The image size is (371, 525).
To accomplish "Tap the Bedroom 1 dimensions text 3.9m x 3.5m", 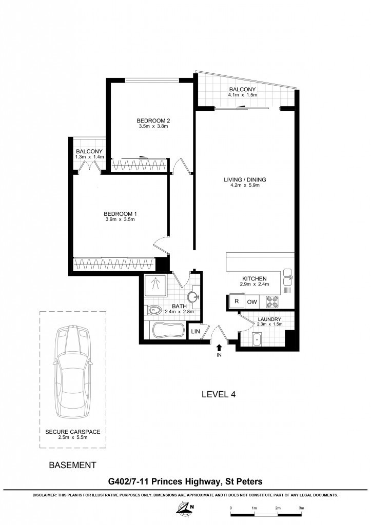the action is point(120,219).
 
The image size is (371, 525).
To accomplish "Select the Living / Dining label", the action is point(245,180).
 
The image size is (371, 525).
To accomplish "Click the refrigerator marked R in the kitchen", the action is point(237,301).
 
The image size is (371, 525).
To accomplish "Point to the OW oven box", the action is point(252,301).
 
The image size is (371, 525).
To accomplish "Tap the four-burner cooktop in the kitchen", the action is point(272,301).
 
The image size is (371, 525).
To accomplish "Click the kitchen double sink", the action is point(288,277).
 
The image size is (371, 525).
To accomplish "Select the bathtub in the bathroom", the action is point(168,330).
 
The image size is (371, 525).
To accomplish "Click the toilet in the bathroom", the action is point(154,310).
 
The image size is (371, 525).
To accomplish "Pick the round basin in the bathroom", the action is point(193,297).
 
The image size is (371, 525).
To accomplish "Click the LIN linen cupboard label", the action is point(196,332).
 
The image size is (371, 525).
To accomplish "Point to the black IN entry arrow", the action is point(219,348).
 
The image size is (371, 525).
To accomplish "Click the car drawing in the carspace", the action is point(73,371).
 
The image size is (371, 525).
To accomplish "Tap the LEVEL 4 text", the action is point(219,394).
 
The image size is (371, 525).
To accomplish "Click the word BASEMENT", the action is point(72,465).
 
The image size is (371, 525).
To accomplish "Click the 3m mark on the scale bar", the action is point(301,508).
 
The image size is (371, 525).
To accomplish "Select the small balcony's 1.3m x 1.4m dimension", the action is point(89,157).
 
